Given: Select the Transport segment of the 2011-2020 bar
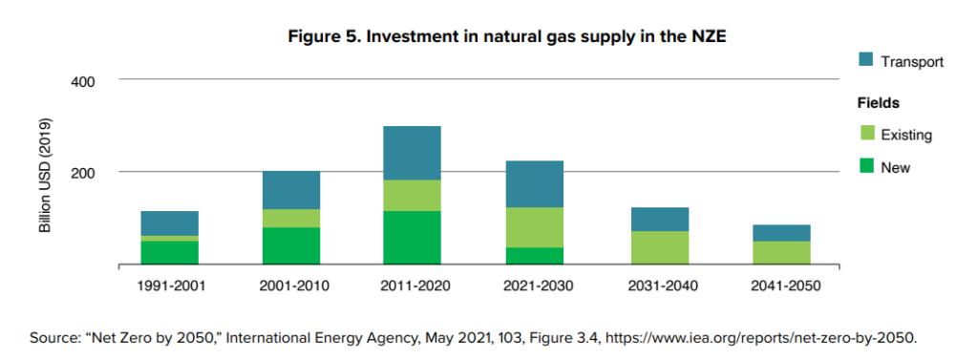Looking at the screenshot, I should [x=412, y=153].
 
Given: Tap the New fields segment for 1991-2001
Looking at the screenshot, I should [x=169, y=252].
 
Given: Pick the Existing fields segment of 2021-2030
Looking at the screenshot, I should [x=533, y=227].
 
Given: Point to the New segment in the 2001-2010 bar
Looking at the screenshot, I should [x=290, y=245].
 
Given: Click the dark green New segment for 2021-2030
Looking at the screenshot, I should [x=533, y=256].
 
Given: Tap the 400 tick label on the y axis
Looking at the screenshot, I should [x=83, y=81].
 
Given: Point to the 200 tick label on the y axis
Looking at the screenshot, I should [x=83, y=173].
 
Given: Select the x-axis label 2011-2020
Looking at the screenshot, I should [x=412, y=286].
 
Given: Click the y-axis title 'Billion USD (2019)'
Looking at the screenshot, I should [x=44, y=176].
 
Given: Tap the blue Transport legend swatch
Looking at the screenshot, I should [x=866, y=61].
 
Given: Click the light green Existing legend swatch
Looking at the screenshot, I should [x=866, y=135].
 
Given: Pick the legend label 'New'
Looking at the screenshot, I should [x=895, y=168].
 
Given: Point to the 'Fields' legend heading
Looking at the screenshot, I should [x=879, y=102].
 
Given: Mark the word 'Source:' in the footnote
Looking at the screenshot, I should [x=55, y=336].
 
